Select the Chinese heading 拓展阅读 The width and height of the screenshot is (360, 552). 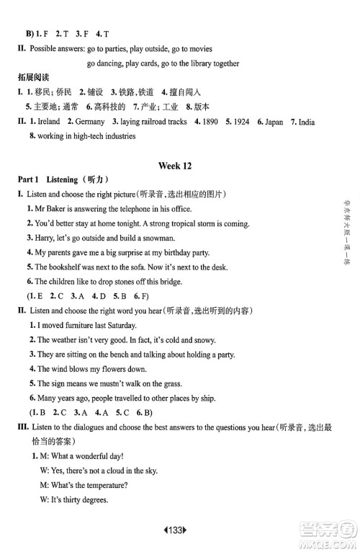36,77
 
